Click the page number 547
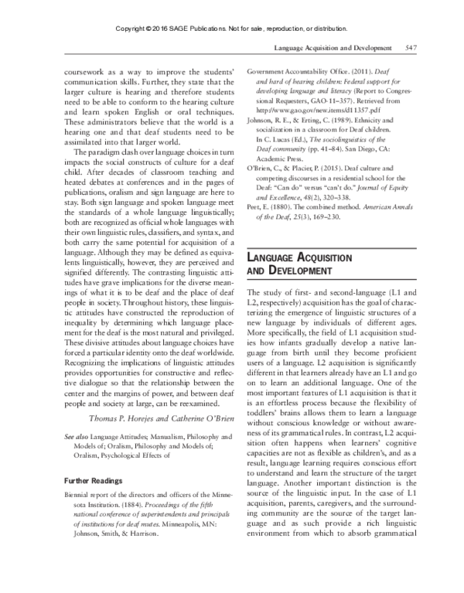(x=411, y=48)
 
